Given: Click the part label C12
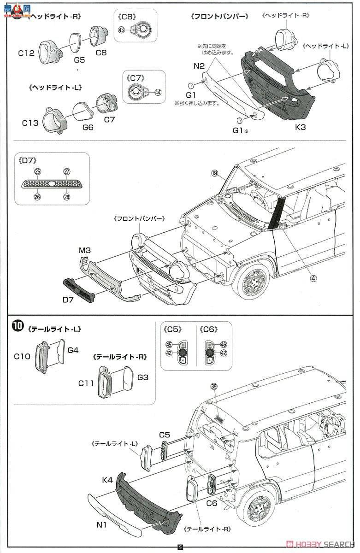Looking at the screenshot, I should point(26,53).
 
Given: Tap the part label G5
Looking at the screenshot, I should point(79,60).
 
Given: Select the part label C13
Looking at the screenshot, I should point(30,123).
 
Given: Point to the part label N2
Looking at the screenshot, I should point(199,65).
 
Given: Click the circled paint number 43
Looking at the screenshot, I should point(121,30).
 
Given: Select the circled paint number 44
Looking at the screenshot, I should point(158,92).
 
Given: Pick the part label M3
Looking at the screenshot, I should point(84,251).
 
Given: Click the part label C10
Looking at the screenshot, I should point(22,356).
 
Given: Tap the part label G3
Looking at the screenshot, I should point(143,377).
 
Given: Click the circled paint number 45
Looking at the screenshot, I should point(169,344).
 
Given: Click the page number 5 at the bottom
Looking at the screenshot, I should point(180,547).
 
